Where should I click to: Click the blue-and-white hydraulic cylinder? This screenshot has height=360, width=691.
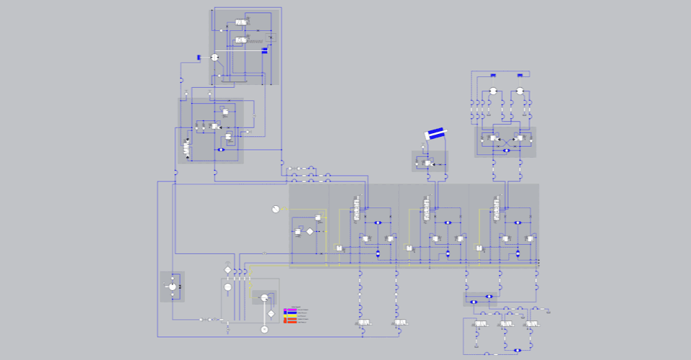[436, 133]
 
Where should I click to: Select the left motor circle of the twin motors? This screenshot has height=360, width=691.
[493, 91]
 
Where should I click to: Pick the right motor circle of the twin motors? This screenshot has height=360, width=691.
[520, 91]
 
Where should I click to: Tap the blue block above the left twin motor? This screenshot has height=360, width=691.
[494, 74]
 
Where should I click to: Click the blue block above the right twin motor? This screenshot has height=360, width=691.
[520, 74]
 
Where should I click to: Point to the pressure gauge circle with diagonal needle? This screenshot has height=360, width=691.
[275, 210]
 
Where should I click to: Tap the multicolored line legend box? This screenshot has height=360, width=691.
[289, 315]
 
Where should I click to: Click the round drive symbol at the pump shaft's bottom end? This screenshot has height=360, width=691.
[264, 329]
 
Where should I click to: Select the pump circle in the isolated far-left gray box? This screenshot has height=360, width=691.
[172, 287]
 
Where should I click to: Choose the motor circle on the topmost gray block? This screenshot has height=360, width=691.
[214, 57]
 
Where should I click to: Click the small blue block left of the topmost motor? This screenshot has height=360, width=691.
[198, 57]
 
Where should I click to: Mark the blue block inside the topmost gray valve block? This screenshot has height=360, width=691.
[265, 50]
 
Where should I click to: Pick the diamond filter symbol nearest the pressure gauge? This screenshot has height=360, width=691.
[310, 231]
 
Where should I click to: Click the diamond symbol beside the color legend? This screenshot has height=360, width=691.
[271, 314]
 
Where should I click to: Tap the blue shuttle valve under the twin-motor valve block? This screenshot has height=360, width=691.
[506, 150]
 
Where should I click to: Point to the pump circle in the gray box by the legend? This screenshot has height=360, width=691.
[264, 298]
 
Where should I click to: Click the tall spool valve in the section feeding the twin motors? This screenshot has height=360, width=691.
[496, 210]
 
